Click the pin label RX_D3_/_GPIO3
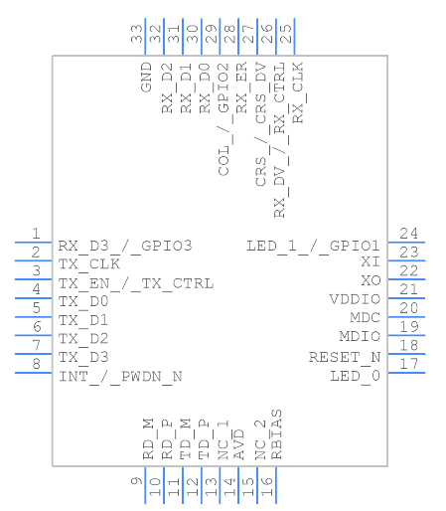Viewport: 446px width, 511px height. [124, 246]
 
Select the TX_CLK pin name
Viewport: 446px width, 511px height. [89, 263]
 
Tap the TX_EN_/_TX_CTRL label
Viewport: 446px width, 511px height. [135, 283]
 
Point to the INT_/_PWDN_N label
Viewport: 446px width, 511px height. [120, 376]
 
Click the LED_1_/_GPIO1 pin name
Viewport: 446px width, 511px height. [313, 246]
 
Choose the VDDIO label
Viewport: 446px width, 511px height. [355, 299]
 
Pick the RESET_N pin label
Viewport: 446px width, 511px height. [344, 357]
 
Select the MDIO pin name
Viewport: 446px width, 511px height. [359, 337]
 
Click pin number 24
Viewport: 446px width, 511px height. [408, 234]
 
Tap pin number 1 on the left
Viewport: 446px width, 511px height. [35, 234]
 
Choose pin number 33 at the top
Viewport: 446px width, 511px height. [135, 33]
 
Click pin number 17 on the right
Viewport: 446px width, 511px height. [408, 364]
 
